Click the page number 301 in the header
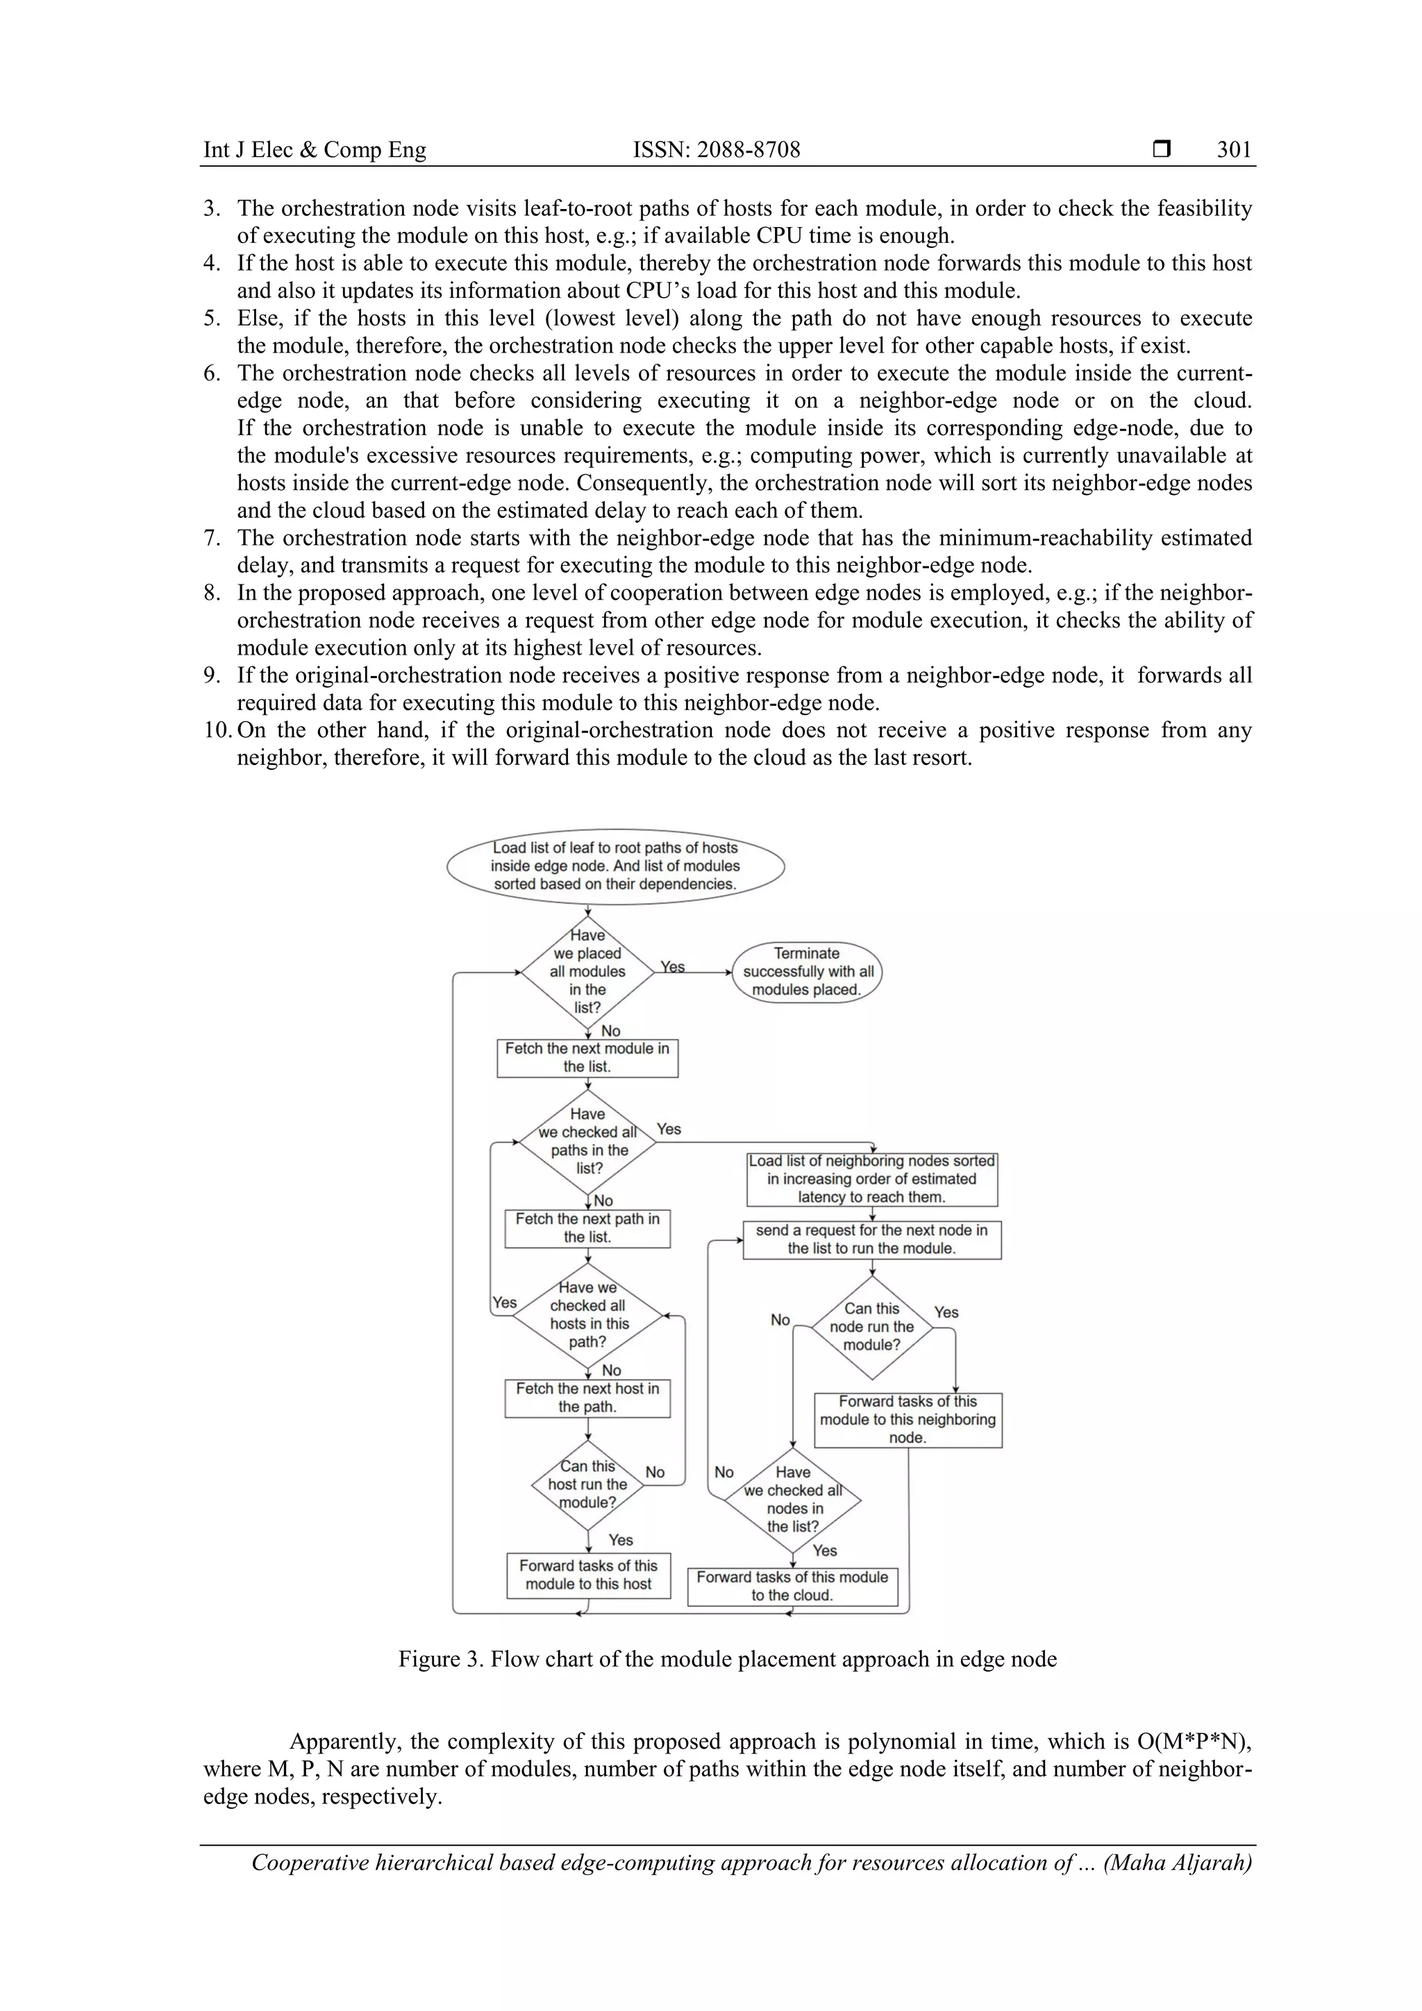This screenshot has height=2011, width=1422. (x=1234, y=150)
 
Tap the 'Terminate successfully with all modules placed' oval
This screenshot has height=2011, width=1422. (x=807, y=971)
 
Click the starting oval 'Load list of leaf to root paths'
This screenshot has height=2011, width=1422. (x=615, y=866)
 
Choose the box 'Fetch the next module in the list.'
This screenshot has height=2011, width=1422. (x=587, y=1057)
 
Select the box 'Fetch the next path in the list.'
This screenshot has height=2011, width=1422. (x=587, y=1228)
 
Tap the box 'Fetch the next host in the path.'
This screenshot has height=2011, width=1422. (x=587, y=1398)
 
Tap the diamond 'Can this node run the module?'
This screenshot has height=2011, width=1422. (x=872, y=1327)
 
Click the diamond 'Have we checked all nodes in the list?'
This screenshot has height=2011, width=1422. (x=793, y=1499)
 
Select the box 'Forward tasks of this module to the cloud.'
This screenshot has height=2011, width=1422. (x=792, y=1586)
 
